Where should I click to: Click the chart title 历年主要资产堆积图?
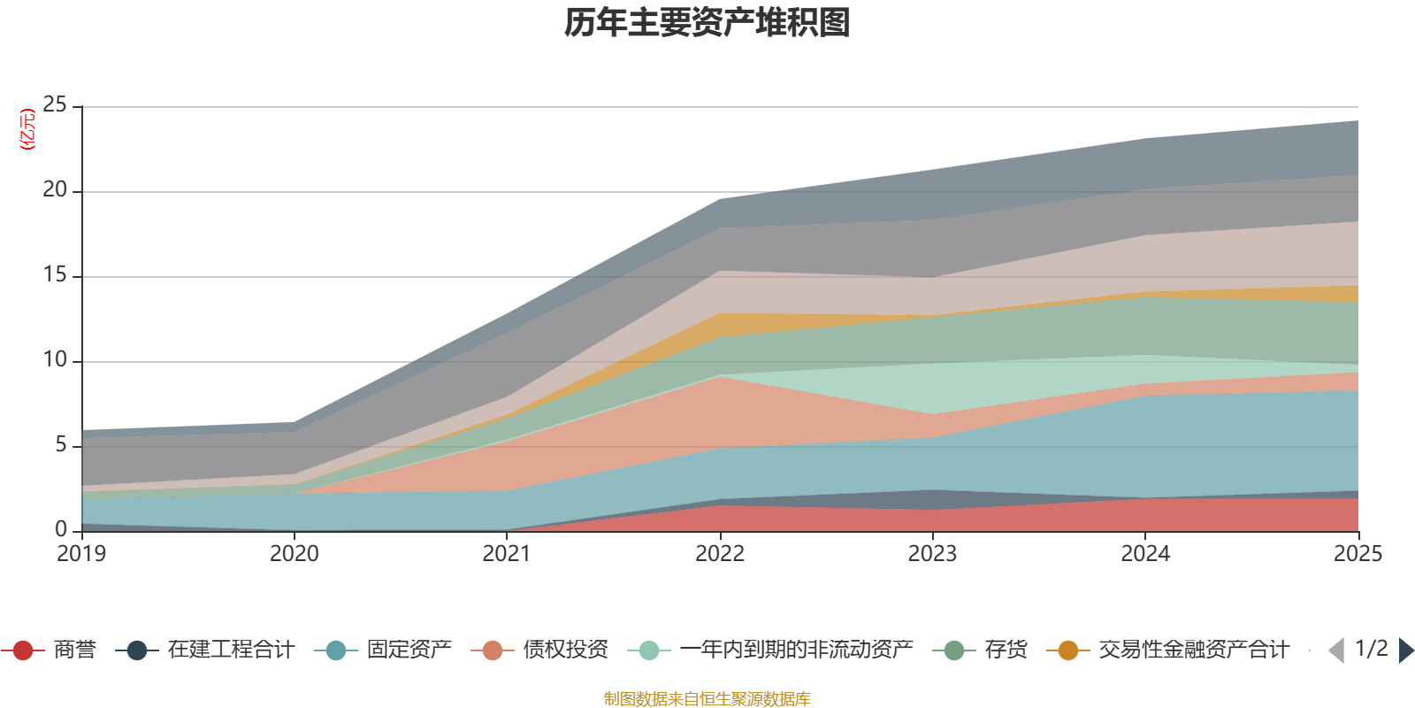pos(707,23)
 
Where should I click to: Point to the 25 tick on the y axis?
pos(55,105)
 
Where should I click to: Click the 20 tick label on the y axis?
pos(55,190)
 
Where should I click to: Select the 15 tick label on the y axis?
pos(55,275)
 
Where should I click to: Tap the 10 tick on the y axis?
pos(55,360)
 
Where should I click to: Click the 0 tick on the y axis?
pos(61,529)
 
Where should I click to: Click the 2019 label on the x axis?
pos(81,554)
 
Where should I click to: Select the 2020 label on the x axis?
pos(294,554)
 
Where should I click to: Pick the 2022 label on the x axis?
pos(720,554)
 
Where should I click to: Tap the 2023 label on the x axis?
pos(932,554)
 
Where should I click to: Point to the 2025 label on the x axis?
pos(1358,554)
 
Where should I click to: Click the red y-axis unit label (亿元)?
pos(27,129)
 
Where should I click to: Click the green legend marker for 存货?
pos(954,650)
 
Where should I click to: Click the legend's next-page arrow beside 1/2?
pos(1405,650)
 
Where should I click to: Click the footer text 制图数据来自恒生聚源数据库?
pos(707,699)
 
